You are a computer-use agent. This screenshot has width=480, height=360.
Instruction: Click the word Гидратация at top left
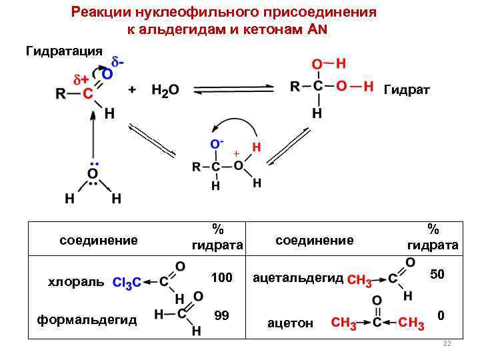pyautogui.click(x=64, y=51)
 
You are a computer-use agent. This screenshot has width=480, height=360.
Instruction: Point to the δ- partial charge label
pyautogui.click(x=118, y=62)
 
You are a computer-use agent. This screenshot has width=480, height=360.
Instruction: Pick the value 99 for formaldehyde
pyautogui.click(x=222, y=315)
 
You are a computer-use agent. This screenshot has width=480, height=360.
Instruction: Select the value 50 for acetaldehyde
pyautogui.click(x=437, y=274)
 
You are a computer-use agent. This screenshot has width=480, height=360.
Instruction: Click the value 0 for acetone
pyautogui.click(x=440, y=314)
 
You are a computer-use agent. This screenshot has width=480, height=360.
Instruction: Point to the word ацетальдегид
pyautogui.click(x=299, y=277)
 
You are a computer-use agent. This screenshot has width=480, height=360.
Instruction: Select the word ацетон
pyautogui.click(x=290, y=323)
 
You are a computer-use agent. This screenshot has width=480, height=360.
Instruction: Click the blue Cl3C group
pyautogui.click(x=127, y=283)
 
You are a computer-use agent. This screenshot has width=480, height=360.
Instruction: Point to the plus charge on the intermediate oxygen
pyautogui.click(x=235, y=154)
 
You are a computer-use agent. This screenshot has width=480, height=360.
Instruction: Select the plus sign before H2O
pyautogui.click(x=132, y=90)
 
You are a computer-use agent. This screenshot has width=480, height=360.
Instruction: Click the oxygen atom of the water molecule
pyautogui.click(x=93, y=175)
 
